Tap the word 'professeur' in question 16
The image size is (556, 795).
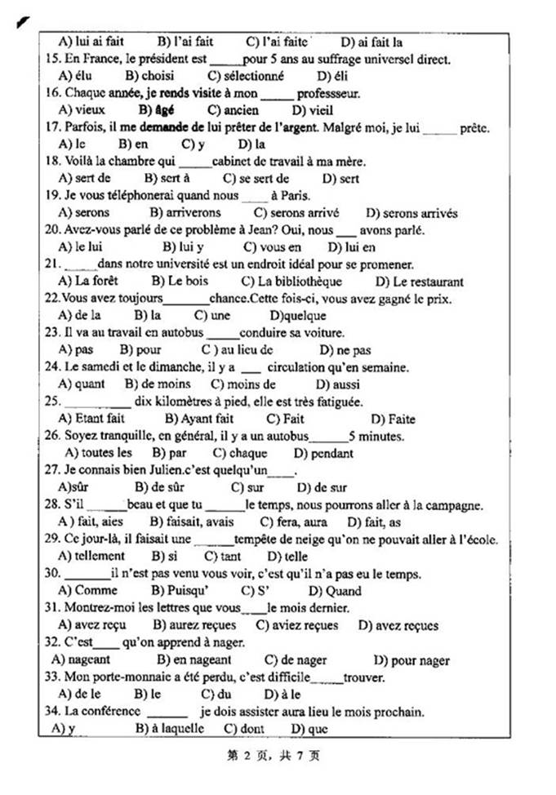point(329,93)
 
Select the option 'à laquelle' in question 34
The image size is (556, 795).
point(175,728)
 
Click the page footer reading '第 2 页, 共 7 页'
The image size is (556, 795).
point(278,755)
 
